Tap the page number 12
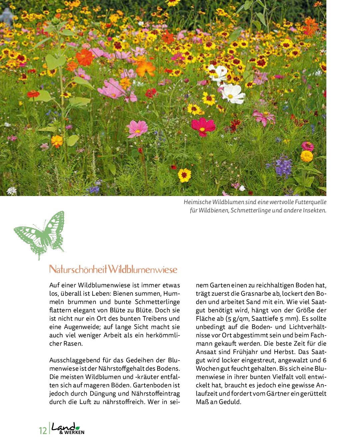coord(43,430)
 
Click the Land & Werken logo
coord(68,429)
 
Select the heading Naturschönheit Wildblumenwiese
coord(113,269)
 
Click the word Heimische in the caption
coord(196,202)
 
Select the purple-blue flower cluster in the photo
coord(283,166)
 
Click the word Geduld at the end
coord(229,402)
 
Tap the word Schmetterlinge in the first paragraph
coord(157,302)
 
